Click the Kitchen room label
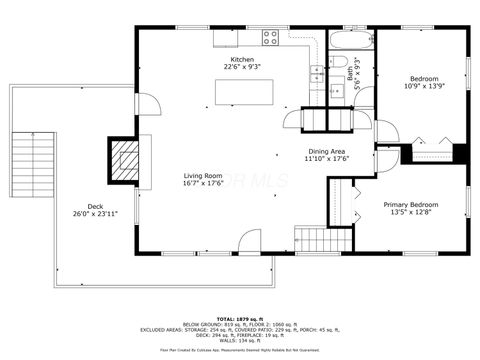[243, 61]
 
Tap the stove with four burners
[270, 38]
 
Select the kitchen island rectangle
[244, 92]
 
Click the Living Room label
[202, 176]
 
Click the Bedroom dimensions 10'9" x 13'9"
[422, 86]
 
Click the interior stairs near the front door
[310, 240]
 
